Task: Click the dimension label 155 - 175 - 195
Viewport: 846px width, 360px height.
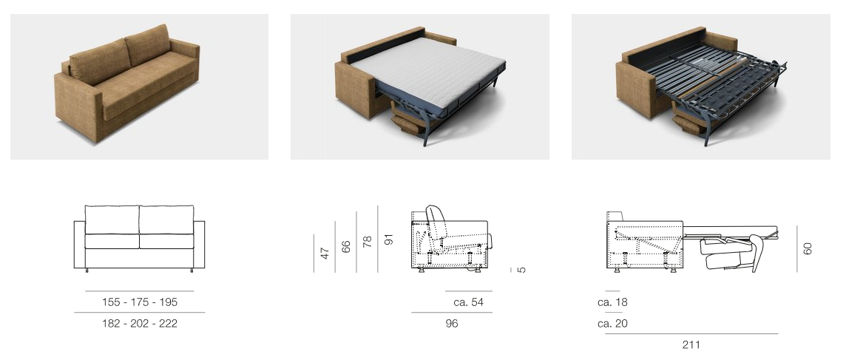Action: [x=139, y=302]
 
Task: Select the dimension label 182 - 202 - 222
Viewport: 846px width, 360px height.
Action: [x=139, y=324]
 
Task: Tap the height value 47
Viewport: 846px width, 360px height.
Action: [x=325, y=253]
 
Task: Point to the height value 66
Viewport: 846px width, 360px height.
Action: [x=346, y=246]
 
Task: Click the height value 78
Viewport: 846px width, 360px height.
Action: [x=368, y=241]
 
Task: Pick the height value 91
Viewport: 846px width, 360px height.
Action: [x=389, y=239]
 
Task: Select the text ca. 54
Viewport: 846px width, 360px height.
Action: [x=468, y=302]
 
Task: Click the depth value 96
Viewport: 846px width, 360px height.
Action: [x=452, y=324]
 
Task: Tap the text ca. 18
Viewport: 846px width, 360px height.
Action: [x=612, y=302]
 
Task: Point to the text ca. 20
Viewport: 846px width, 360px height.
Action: [x=612, y=324]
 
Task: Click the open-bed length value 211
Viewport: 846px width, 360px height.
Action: [x=691, y=345]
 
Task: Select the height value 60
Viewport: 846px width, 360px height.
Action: [x=808, y=249]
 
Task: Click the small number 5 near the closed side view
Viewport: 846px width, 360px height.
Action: [x=522, y=269]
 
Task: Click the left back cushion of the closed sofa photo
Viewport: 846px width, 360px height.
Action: [x=100, y=61]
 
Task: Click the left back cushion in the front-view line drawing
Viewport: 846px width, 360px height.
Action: [x=112, y=220]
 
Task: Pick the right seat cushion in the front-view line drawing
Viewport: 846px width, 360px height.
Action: [x=166, y=241]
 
